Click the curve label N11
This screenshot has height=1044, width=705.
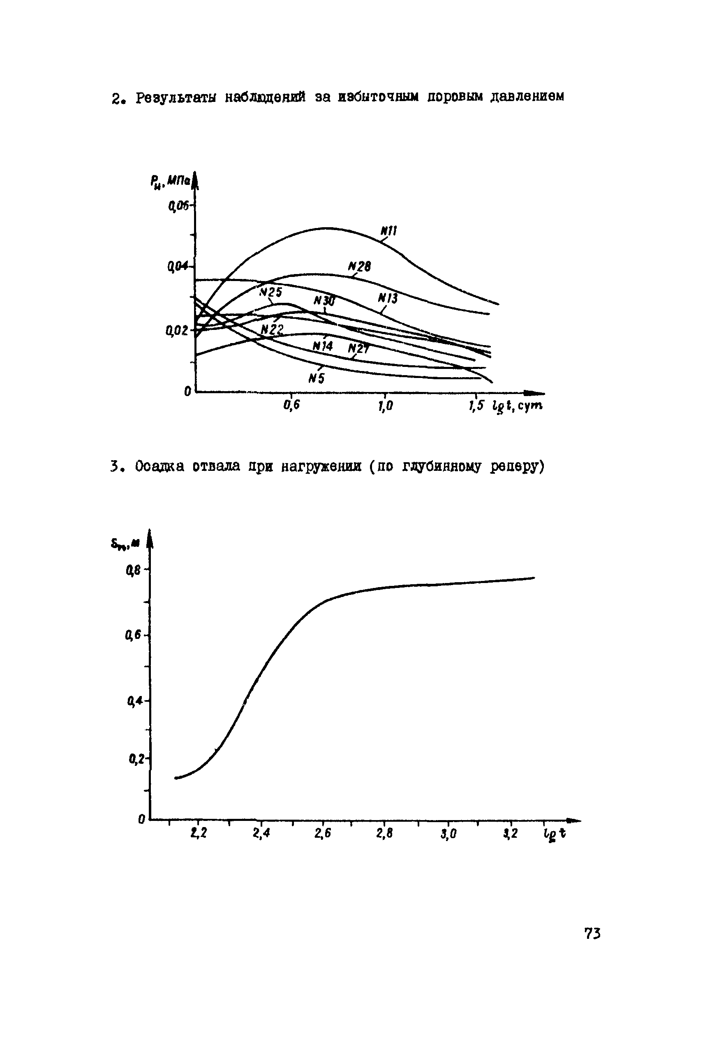tap(388, 231)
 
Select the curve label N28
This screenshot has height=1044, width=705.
tap(359, 266)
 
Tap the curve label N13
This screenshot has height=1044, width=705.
tap(387, 298)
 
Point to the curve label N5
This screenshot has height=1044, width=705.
tap(317, 379)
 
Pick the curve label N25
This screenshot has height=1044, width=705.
tap(270, 293)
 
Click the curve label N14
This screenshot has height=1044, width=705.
tap(323, 346)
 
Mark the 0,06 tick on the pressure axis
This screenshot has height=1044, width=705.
tap(179, 206)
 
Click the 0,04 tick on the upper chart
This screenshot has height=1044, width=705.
tap(178, 267)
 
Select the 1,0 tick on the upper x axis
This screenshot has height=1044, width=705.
tap(385, 406)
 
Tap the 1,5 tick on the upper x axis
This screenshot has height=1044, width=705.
tap(476, 406)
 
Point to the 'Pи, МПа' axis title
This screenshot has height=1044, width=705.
tap(171, 182)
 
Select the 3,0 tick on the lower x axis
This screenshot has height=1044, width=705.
tap(448, 834)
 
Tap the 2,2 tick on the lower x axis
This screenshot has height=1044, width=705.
tap(199, 833)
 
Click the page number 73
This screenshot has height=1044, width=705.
tap(592, 933)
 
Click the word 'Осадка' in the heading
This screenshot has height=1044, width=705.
tap(159, 467)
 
